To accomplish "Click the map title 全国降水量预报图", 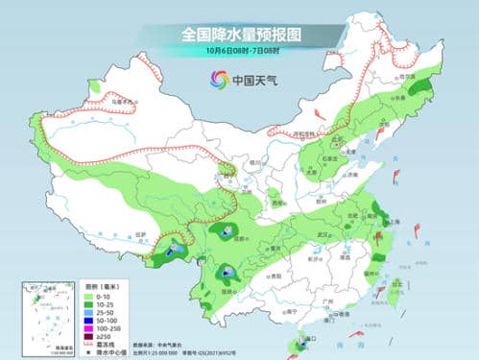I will [239, 34].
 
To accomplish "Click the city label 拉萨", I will [140, 232].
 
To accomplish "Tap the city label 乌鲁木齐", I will [118, 100].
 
